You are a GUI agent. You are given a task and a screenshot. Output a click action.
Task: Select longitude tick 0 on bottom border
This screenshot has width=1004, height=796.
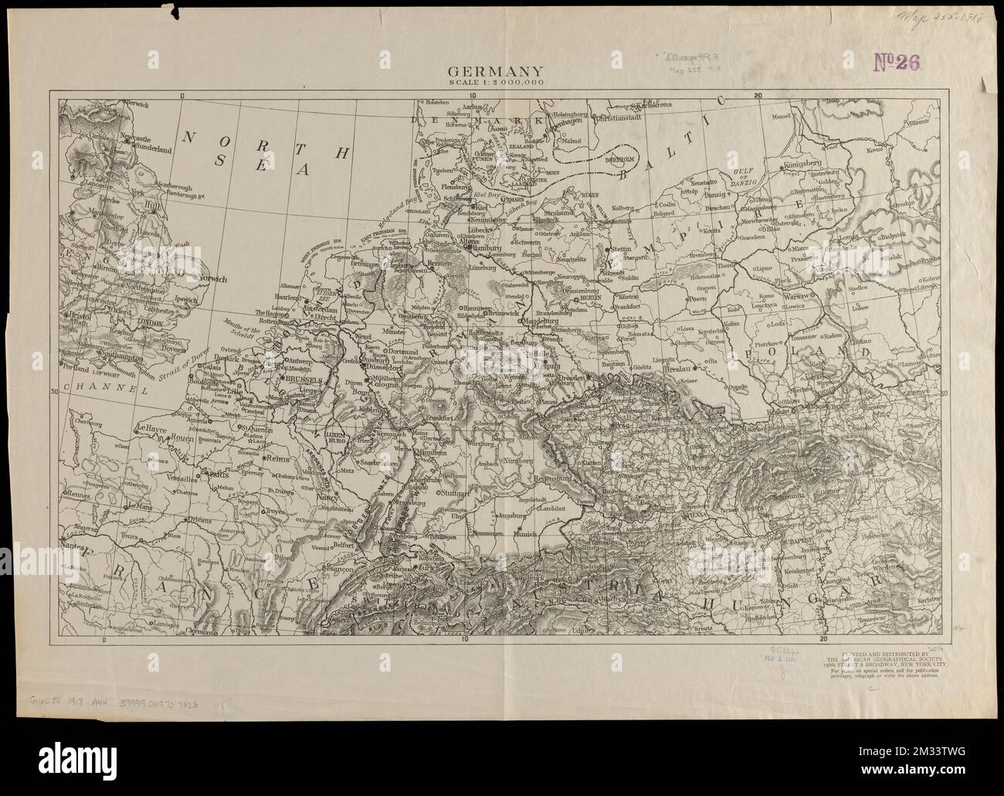pos(103,639)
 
